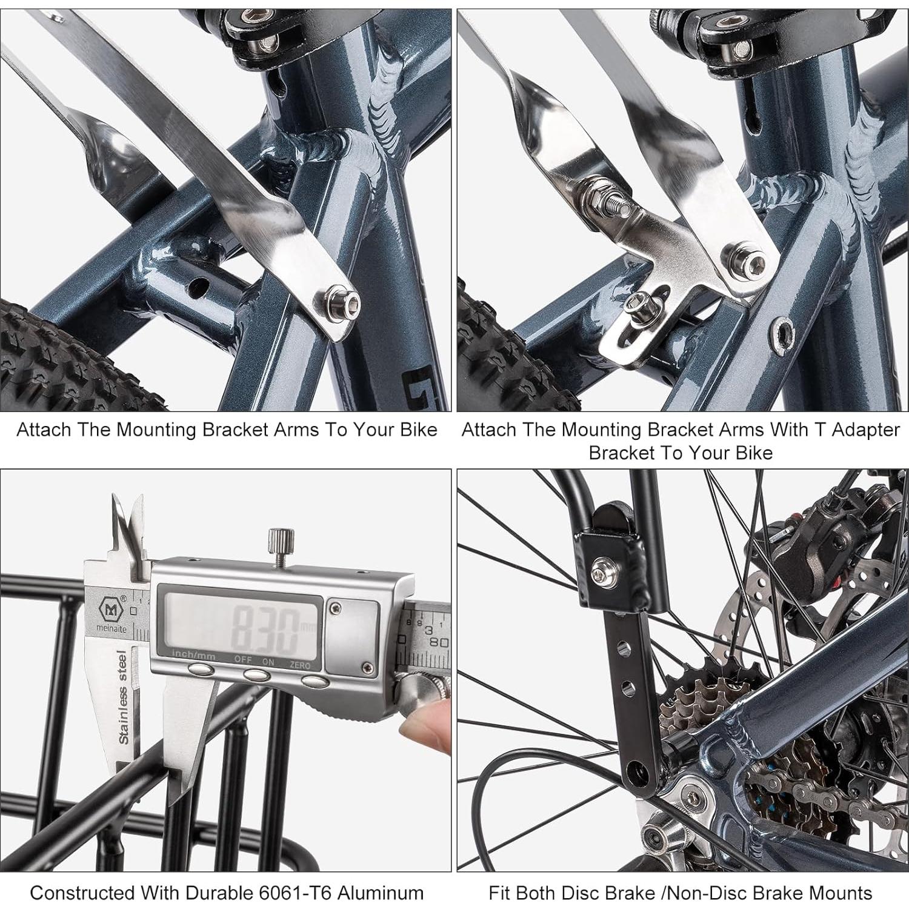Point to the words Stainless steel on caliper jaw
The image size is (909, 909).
pos(122,697)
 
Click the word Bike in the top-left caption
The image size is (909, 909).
pos(418,430)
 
